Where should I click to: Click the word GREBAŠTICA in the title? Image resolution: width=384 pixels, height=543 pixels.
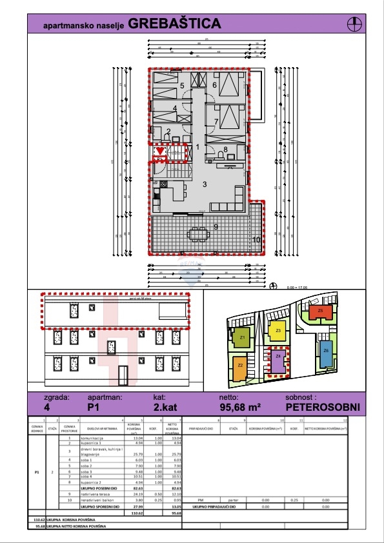tap(174, 24)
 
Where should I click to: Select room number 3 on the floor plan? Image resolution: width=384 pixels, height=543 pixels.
tap(205, 184)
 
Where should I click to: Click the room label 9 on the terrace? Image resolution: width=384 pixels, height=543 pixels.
tap(216, 226)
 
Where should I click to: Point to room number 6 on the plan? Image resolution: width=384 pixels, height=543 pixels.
tap(214, 84)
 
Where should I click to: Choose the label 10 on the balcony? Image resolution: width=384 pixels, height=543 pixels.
tap(256, 240)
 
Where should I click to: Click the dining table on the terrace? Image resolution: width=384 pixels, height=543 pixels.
tap(199, 234)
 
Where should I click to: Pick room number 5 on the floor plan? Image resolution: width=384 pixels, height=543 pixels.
tap(182, 86)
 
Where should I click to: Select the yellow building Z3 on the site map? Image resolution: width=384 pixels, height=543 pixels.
tap(278, 331)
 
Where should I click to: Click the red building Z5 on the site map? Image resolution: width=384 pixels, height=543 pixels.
tap(321, 311)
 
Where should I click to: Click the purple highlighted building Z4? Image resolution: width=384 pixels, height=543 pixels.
tap(278, 357)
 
